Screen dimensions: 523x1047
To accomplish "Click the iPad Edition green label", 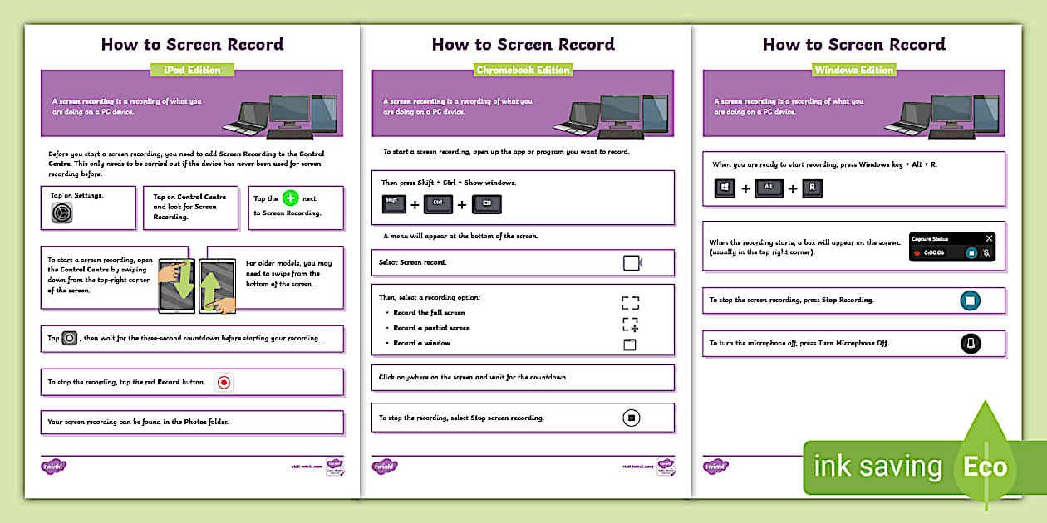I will point(191,70).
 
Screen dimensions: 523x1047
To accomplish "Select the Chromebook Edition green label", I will point(523,70).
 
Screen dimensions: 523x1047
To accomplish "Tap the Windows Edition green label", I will point(853,70).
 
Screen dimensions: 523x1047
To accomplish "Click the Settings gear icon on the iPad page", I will point(62,213).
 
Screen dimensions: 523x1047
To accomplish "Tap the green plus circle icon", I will point(289,198).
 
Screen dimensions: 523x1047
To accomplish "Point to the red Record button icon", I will point(223,382).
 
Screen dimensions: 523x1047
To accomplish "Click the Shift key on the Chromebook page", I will point(394,203).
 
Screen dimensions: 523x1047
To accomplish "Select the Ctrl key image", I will point(438,203).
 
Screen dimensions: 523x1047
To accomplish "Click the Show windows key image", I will point(487,203).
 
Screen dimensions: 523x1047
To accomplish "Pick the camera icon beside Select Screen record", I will point(632,263).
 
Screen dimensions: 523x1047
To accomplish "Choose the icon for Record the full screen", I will point(630,302).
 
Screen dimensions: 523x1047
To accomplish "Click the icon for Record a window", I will point(630,344).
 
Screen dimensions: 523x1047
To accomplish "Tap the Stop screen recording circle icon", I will point(632,418).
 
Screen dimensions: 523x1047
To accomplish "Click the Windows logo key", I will point(725,188).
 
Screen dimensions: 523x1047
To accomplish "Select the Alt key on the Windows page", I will point(769,188).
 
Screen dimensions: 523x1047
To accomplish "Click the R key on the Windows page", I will point(812,188).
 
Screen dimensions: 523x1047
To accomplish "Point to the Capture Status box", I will point(952,246).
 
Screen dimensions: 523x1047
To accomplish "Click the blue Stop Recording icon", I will point(970,301).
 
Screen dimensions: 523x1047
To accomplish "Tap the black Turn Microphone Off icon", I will point(970,343).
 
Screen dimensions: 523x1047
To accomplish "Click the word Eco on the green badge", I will point(986,467).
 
